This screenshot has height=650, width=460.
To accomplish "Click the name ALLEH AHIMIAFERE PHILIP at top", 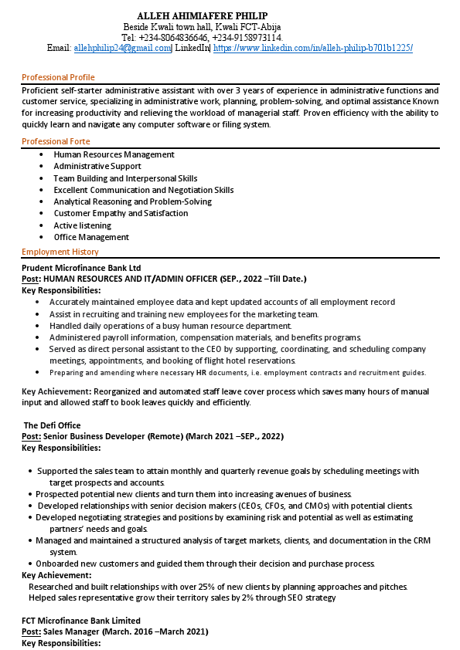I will pyautogui.click(x=203, y=15).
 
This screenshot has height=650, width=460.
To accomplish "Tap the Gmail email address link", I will pyautogui.click(x=121, y=48).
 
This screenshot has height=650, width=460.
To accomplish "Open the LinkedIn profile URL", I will pyautogui.click(x=312, y=48).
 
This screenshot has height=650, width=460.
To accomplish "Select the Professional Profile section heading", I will pyautogui.click(x=58, y=77).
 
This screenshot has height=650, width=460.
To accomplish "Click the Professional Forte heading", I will pyautogui.click(x=56, y=141).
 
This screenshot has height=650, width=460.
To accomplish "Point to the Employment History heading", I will pyautogui.click(x=60, y=252).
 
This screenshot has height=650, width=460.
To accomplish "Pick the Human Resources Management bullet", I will pyautogui.click(x=114, y=154).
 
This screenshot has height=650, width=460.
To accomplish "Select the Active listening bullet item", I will pyautogui.click(x=82, y=225).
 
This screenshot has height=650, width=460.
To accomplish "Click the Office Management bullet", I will pyautogui.click(x=91, y=237).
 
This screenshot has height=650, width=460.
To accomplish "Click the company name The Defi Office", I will pyautogui.click(x=52, y=425).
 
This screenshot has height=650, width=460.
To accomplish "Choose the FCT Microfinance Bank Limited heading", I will pyautogui.click(x=81, y=621).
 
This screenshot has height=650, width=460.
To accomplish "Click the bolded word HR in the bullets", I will pyautogui.click(x=200, y=373).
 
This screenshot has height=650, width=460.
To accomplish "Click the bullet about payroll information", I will pyautogui.click(x=205, y=337).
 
